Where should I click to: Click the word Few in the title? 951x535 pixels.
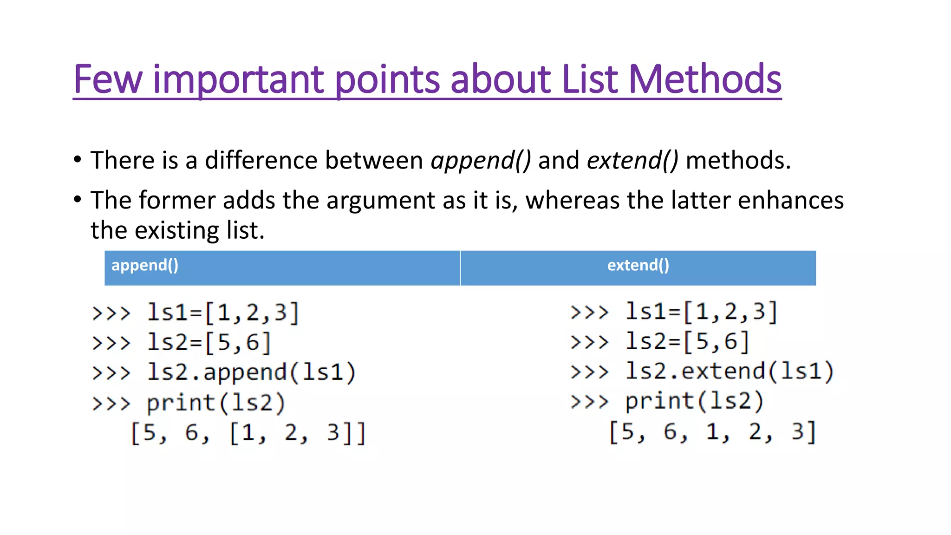[108, 79]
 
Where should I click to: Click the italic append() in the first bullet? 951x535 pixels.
[481, 161]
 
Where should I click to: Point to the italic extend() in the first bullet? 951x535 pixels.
[632, 161]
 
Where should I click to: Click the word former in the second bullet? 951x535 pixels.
[176, 201]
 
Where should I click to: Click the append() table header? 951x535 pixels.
[145, 265]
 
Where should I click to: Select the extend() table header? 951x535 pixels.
[638, 265]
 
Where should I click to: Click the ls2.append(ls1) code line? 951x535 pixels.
[251, 372]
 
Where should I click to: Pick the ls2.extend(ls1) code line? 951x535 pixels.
[729, 372]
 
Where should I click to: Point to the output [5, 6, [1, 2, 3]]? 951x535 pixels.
[248, 433]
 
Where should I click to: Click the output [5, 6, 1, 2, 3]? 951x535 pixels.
[712, 432]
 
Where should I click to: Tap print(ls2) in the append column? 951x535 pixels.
[216, 403]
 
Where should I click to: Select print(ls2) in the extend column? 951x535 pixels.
[694, 401]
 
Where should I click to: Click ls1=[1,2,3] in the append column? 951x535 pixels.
[223, 313]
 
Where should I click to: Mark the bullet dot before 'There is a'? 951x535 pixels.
[78, 160]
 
